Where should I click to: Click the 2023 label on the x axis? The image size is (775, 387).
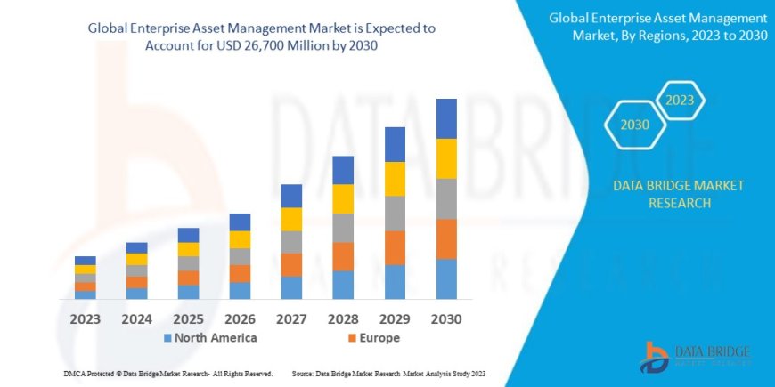click(x=86, y=318)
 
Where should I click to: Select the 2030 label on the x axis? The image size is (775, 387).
click(x=446, y=318)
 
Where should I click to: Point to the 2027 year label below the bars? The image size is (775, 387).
click(x=291, y=318)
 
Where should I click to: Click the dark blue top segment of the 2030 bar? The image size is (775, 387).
click(x=446, y=118)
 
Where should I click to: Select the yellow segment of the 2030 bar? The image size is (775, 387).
click(x=446, y=158)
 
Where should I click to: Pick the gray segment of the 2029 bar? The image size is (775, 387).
click(x=395, y=213)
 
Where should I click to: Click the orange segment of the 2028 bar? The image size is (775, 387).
click(x=343, y=256)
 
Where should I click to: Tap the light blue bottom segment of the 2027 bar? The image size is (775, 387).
click(x=291, y=287)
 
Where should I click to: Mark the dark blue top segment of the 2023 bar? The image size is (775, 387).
click(x=86, y=261)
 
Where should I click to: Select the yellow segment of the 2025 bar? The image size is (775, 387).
click(x=188, y=249)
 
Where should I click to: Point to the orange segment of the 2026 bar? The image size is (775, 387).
click(x=240, y=273)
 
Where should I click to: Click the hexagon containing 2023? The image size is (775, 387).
click(x=679, y=101)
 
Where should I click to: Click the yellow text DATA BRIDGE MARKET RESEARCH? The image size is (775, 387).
click(x=679, y=194)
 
